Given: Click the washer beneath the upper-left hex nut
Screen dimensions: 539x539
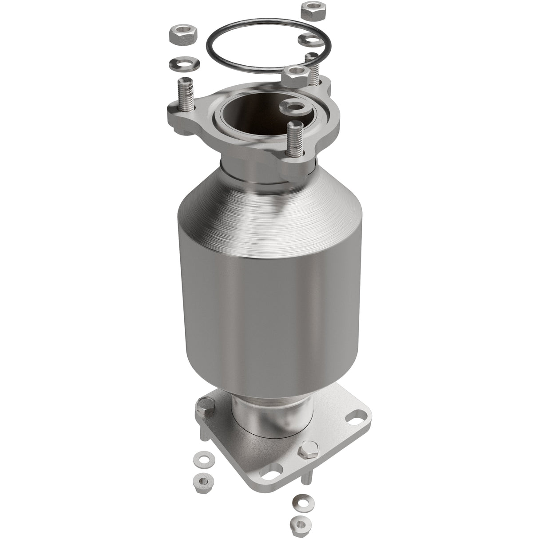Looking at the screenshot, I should click(183, 63).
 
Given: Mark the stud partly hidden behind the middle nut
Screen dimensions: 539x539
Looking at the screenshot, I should click(313, 68).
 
